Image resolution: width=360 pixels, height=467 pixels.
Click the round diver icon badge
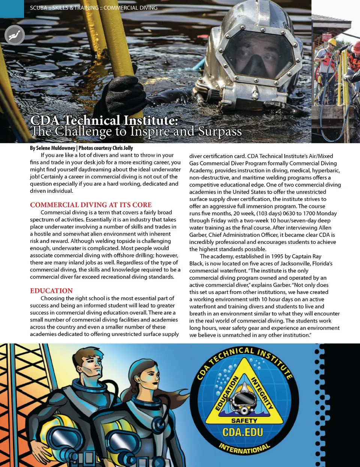click(x=15, y=35)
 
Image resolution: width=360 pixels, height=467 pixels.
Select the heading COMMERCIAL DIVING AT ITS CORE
click(x=91, y=205)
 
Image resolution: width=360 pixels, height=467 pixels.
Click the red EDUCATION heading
click(x=51, y=291)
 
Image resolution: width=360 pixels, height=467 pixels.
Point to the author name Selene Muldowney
click(x=55, y=148)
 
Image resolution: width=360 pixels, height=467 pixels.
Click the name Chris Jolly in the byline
click(x=122, y=148)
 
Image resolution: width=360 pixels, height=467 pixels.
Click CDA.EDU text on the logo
click(x=243, y=432)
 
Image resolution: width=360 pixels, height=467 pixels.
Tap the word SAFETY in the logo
click(x=244, y=421)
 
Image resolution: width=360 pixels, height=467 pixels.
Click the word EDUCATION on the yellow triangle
click(x=227, y=393)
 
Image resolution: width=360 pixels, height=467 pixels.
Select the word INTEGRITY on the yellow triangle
click(x=261, y=393)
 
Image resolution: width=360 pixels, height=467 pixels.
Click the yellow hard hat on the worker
click(x=332, y=42)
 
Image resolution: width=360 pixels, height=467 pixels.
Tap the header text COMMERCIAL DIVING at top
click(x=130, y=8)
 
